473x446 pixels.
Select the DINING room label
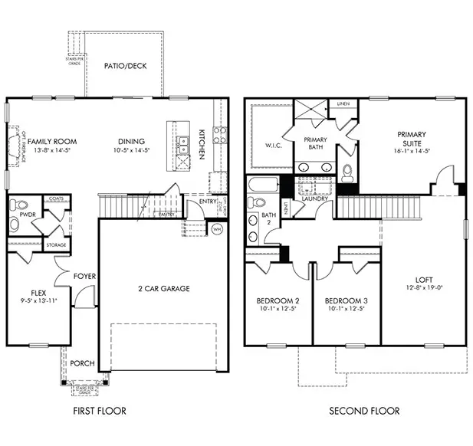click(132, 141)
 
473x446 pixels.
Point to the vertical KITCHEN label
click(202, 144)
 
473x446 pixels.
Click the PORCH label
click(82, 363)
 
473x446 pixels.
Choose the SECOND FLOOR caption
click(364, 412)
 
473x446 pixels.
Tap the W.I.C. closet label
click(274, 146)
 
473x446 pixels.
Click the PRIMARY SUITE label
click(411, 139)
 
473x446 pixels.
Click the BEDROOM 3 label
click(347, 300)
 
